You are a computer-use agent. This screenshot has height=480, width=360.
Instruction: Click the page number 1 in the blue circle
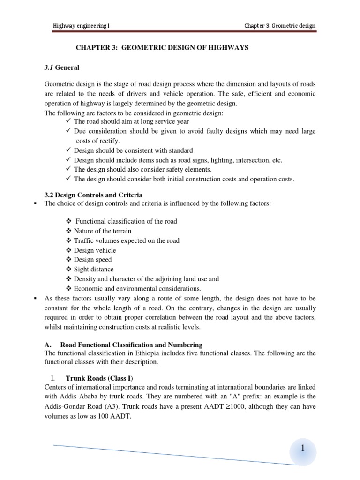[x=303, y=449]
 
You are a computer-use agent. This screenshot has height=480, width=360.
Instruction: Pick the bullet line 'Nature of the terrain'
[x=103, y=231]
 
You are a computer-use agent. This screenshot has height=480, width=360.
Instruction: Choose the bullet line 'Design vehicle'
[x=95, y=250]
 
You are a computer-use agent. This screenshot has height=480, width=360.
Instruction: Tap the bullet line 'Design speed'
[x=93, y=260]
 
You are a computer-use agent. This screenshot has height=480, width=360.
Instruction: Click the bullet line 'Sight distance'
[x=94, y=269]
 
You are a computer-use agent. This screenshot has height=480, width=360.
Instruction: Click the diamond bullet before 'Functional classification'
[x=69, y=221]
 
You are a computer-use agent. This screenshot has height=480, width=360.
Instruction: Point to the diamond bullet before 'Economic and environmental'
[x=69, y=288]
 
